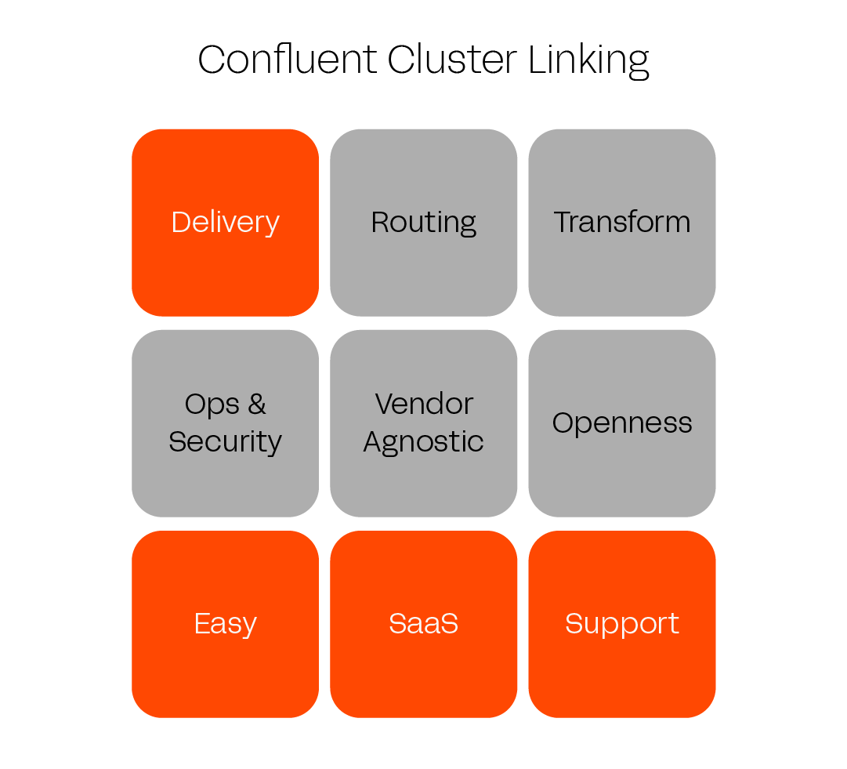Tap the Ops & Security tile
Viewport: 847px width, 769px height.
pos(226,478)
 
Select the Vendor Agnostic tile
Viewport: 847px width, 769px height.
pos(424,478)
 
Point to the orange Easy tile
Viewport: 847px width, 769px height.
pos(226,666)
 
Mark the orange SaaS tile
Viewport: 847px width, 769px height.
pos(424,666)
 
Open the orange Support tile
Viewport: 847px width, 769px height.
pos(622,666)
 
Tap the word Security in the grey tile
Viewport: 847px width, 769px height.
pos(226,442)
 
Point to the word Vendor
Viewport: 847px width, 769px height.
pos(424,404)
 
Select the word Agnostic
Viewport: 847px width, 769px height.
pos(424,442)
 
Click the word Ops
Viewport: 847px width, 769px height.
pos(211,405)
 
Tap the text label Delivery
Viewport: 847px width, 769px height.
pos(226,223)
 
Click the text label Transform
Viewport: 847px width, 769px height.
pos(622,223)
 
